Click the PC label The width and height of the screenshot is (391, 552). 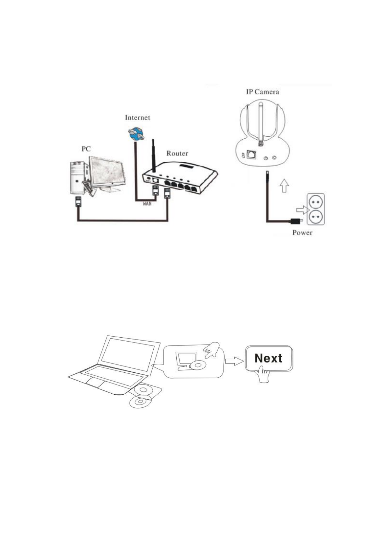click(x=86, y=149)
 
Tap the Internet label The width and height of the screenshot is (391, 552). click(x=137, y=118)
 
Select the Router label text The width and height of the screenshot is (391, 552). click(x=177, y=153)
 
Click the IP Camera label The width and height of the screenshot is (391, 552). click(x=263, y=92)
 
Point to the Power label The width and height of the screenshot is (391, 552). click(x=302, y=233)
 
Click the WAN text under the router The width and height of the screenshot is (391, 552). click(x=147, y=204)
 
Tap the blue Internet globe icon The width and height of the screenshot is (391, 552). click(x=136, y=134)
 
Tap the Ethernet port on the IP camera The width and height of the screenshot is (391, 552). click(x=252, y=154)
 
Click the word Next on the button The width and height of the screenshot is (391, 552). click(x=268, y=358)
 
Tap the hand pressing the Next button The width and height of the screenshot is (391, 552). click(x=264, y=374)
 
